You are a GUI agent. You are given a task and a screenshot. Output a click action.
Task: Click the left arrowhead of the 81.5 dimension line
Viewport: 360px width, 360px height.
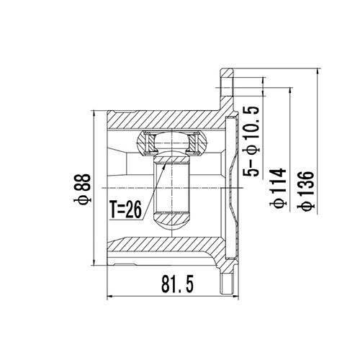tap(109, 296)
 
